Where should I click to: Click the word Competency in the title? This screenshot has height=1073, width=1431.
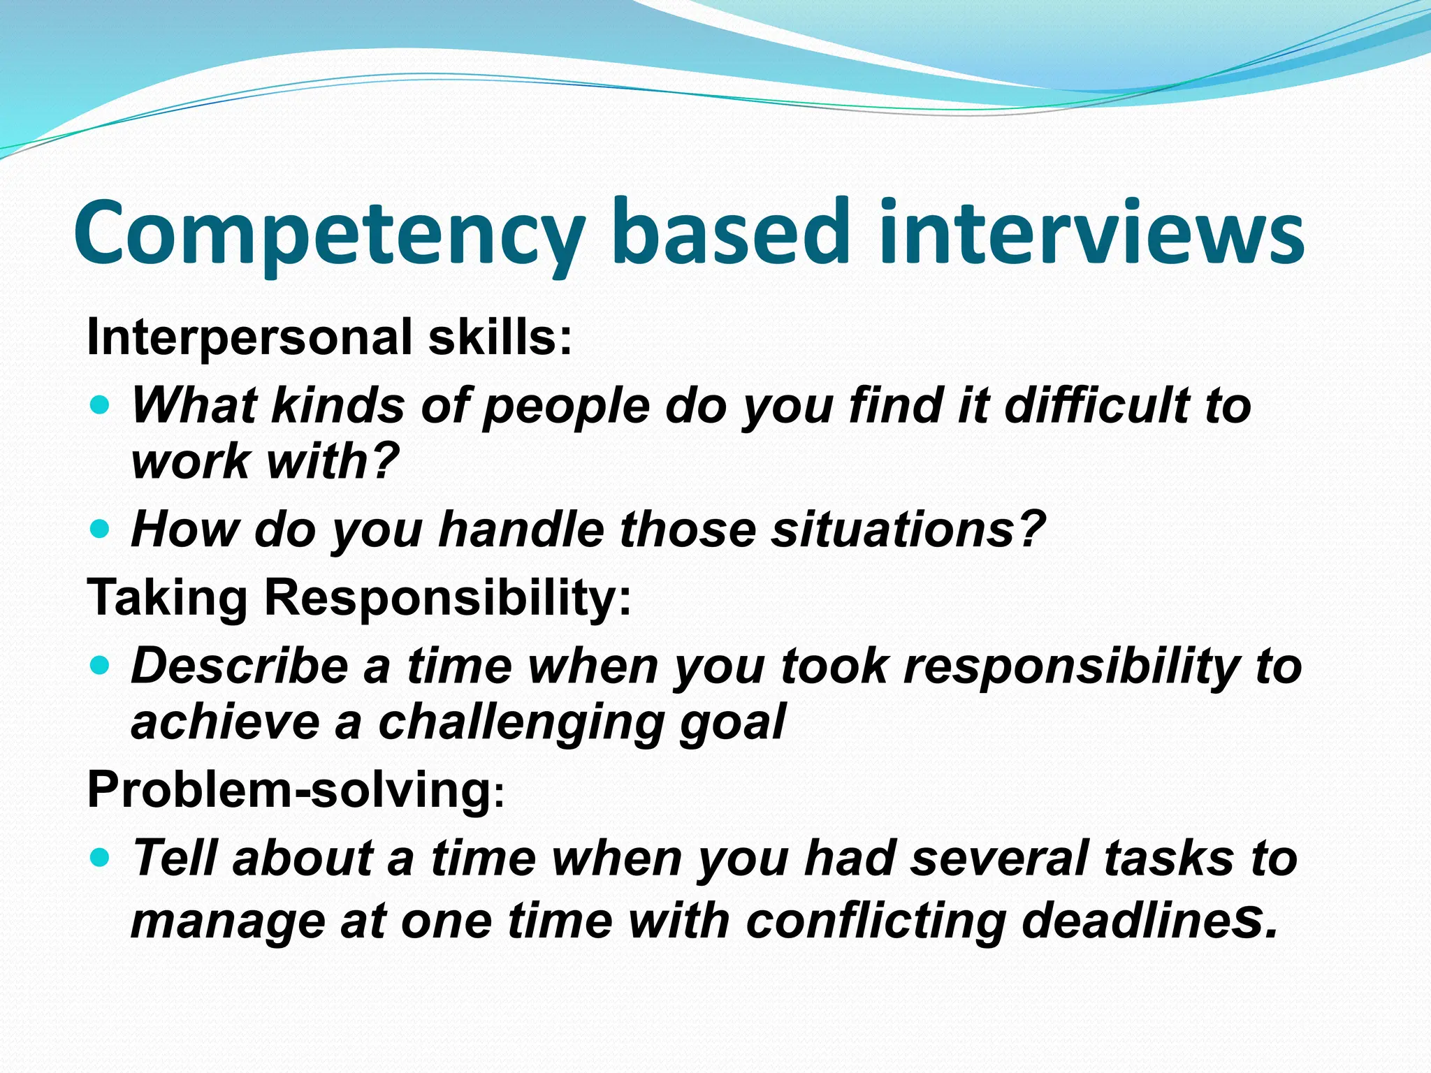328,234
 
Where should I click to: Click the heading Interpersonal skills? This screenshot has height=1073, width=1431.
329,337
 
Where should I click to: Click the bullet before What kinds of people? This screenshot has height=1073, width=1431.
101,404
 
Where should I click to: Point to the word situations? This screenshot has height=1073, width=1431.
908,529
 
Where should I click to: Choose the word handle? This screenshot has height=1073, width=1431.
521,529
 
